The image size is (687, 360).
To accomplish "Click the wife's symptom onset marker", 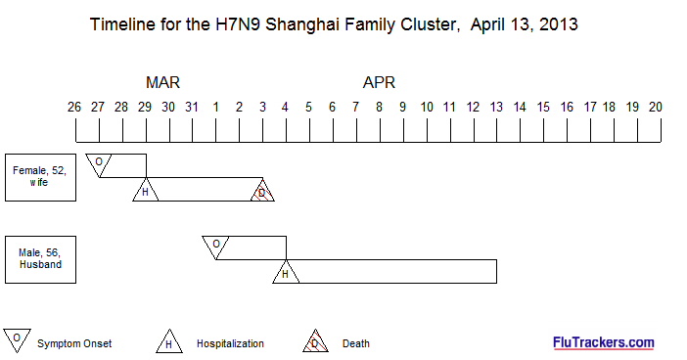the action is coord(99,163).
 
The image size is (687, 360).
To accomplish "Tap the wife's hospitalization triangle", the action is coord(146,191).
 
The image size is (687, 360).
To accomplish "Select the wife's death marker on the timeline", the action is coord(262,192).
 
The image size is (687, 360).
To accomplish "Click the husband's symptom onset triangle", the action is coord(215,247).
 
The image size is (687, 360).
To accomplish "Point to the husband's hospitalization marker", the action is coord(286,273).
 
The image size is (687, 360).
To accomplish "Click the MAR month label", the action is coord(162,82).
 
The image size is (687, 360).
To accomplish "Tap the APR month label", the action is coord(379,82).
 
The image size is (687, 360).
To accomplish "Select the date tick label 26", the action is coord(74,107).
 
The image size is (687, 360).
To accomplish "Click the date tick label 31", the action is coord(192,107).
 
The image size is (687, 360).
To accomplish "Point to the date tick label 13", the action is coord(496,107).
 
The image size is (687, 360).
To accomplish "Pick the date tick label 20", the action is coord(656,107).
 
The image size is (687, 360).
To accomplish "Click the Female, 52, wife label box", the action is coord(40,177).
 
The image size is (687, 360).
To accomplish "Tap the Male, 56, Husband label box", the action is coord(40,259).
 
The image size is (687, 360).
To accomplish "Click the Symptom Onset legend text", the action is coord(74,343).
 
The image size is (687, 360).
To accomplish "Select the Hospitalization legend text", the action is coord(230,343).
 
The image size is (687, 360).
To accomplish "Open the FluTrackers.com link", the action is coord(604,342).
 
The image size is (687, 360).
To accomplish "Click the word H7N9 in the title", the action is coord(238,24).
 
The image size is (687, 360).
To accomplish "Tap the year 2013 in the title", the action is coord(558,24).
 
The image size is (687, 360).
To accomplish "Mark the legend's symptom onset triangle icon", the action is coord(17,339).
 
